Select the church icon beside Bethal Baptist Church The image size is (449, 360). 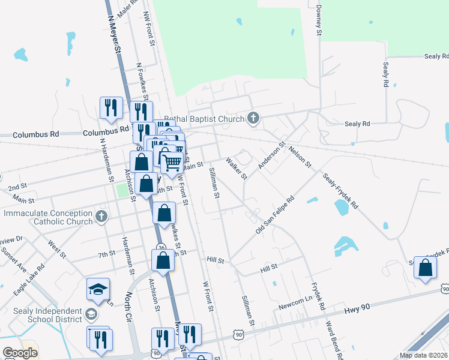tap(253, 118)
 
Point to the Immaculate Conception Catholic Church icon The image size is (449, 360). tap(101, 217)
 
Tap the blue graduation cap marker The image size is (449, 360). tap(98, 290)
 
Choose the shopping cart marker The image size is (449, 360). tap(172, 161)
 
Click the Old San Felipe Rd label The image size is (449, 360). tap(274, 214)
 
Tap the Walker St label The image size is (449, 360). tap(237, 168)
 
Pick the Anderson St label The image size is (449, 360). tap(271, 155)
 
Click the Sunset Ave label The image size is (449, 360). tap(17, 257)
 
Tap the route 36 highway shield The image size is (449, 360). tap(161, 247)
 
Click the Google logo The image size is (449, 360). tap(20, 352)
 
